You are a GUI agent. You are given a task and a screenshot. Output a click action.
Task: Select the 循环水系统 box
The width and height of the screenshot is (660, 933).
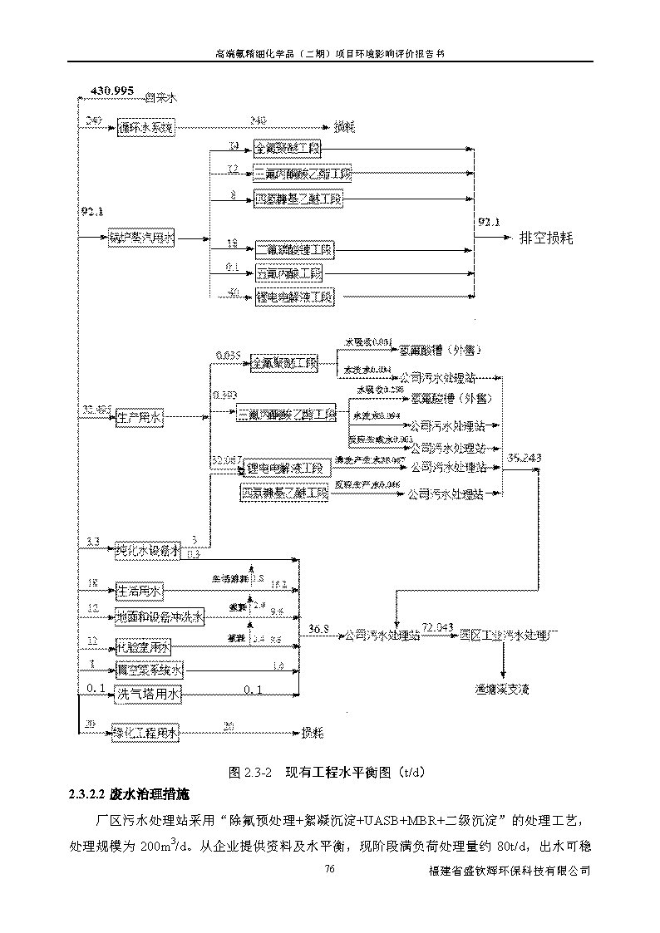click(146, 128)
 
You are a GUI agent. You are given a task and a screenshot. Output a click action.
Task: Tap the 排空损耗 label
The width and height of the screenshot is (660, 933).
click(546, 238)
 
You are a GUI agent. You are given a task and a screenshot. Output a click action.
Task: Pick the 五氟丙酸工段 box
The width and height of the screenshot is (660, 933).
click(288, 273)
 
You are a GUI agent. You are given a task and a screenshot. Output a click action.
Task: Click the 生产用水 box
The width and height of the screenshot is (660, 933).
click(139, 418)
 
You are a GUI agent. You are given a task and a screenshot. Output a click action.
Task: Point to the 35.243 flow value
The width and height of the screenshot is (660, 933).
click(524, 457)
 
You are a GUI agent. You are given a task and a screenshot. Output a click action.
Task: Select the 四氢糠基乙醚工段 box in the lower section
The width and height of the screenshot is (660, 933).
click(284, 494)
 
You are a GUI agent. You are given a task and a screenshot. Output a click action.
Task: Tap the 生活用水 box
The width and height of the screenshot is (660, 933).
click(139, 592)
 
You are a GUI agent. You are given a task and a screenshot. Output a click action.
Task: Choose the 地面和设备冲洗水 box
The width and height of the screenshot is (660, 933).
click(159, 616)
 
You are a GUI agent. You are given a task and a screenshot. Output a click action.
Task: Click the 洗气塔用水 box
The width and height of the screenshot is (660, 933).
click(147, 691)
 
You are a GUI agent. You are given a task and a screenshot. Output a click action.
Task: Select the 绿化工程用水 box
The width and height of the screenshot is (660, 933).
click(146, 732)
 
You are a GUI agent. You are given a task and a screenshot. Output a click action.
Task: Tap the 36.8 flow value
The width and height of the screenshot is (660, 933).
click(318, 627)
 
